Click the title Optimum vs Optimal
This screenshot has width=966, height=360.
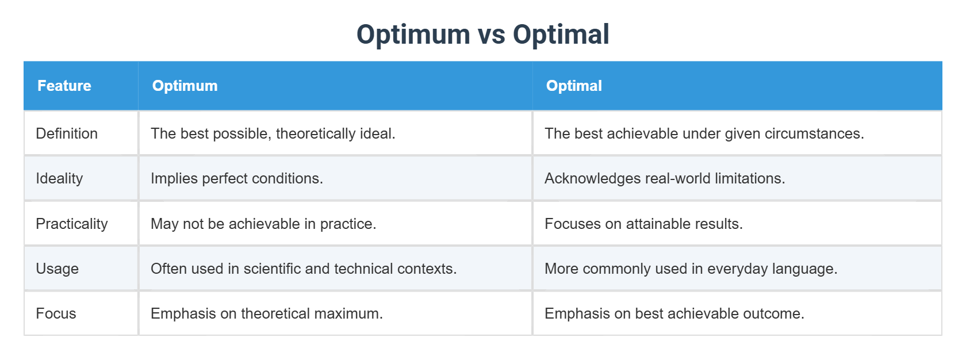tap(482, 35)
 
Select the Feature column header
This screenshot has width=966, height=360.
tap(64, 86)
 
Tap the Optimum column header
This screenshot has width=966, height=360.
tap(185, 86)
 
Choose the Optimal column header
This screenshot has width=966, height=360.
tap(573, 86)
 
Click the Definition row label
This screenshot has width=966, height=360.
tap(67, 133)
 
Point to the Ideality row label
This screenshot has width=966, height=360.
tap(59, 178)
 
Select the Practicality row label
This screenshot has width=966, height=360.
tap(72, 224)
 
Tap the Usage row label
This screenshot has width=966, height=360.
tap(57, 269)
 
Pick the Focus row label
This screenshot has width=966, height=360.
tap(56, 313)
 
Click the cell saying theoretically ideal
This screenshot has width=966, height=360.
tap(273, 133)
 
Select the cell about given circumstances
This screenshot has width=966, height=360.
tap(704, 133)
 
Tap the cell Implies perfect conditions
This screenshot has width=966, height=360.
tap(236, 178)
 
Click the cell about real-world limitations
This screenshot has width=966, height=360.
tap(664, 178)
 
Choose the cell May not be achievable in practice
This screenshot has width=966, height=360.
tap(263, 224)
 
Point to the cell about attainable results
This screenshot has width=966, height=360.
tap(643, 224)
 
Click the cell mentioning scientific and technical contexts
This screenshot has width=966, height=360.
tap(303, 269)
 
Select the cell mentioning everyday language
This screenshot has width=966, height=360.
tap(691, 269)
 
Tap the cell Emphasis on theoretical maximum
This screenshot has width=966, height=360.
tap(266, 313)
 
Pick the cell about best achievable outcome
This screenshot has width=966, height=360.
tap(674, 313)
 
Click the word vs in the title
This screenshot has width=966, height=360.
tap(491, 36)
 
